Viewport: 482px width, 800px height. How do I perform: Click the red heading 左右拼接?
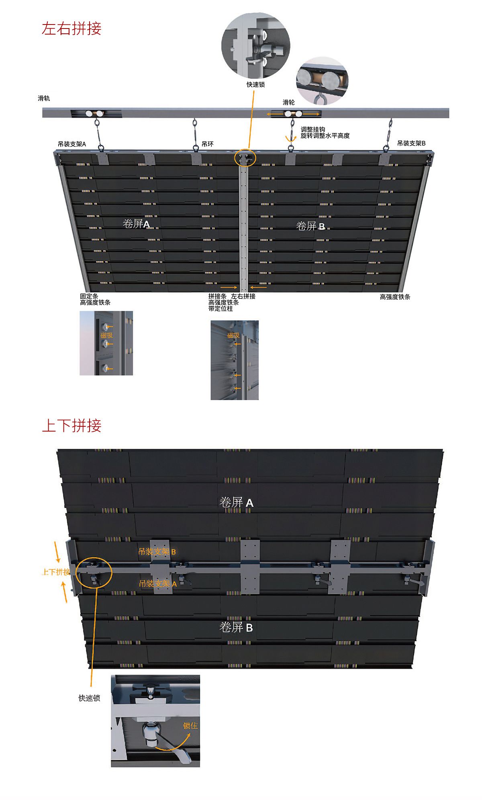71,29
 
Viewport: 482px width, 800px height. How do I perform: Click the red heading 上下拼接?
71,426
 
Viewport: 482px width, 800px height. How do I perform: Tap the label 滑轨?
44,98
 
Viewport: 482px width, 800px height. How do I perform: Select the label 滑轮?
288,102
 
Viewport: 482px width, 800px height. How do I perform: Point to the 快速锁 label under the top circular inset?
255,85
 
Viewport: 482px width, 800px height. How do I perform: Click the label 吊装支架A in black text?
72,144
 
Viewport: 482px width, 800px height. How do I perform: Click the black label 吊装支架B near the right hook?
411,143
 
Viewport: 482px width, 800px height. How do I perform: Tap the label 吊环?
207,144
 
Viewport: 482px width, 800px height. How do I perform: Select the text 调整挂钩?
312,129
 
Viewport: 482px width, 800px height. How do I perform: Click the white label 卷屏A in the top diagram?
136,224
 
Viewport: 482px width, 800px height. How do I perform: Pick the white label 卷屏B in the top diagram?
310,226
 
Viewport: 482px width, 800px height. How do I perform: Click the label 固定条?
89,296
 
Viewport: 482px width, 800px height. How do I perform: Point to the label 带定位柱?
221,309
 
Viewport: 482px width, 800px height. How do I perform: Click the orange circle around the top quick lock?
245,158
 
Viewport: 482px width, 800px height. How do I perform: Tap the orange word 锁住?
190,726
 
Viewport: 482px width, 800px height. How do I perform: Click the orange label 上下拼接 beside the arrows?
56,572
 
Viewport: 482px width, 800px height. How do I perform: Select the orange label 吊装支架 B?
157,552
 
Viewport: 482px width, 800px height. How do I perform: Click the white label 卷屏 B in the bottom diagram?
236,627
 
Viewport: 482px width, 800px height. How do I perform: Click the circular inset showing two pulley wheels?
322,81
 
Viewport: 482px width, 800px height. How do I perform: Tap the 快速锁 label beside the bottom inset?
89,698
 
